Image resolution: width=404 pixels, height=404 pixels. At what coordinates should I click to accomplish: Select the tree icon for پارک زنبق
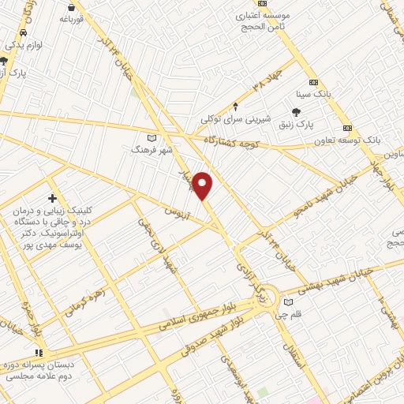tap(296, 112)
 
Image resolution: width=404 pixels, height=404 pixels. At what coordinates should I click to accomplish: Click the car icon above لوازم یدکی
tap(23, 32)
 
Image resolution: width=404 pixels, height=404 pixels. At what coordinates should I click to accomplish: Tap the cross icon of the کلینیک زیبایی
tap(53, 198)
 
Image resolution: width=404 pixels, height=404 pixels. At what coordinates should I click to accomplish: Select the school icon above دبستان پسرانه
tap(37, 353)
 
